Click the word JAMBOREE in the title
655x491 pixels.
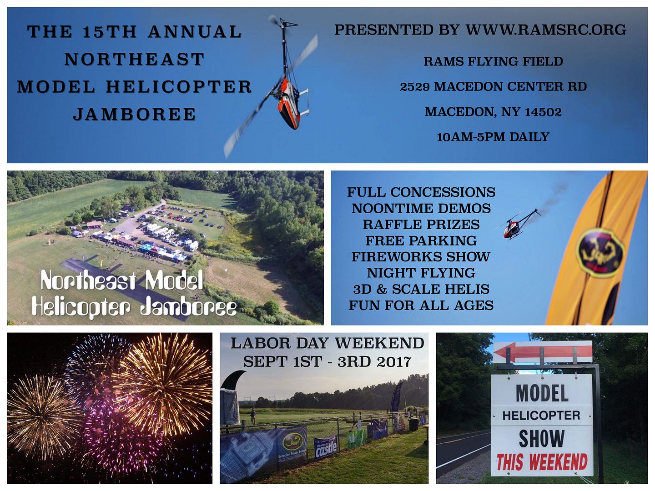point(134,115)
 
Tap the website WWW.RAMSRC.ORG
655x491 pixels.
point(546,30)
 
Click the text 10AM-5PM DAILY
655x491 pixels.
point(493,137)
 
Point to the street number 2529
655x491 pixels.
point(415,87)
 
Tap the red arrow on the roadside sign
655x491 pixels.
point(543,352)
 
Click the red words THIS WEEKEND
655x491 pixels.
point(542,462)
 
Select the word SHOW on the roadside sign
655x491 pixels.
point(542,438)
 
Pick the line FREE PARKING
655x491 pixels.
point(421,240)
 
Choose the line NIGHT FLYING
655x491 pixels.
point(421,273)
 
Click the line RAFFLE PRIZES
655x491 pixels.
point(421,225)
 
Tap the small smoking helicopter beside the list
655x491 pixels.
point(518,225)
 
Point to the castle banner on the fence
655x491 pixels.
point(326,446)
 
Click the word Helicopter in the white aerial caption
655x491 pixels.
point(81,306)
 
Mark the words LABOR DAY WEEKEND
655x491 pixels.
point(327,343)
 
